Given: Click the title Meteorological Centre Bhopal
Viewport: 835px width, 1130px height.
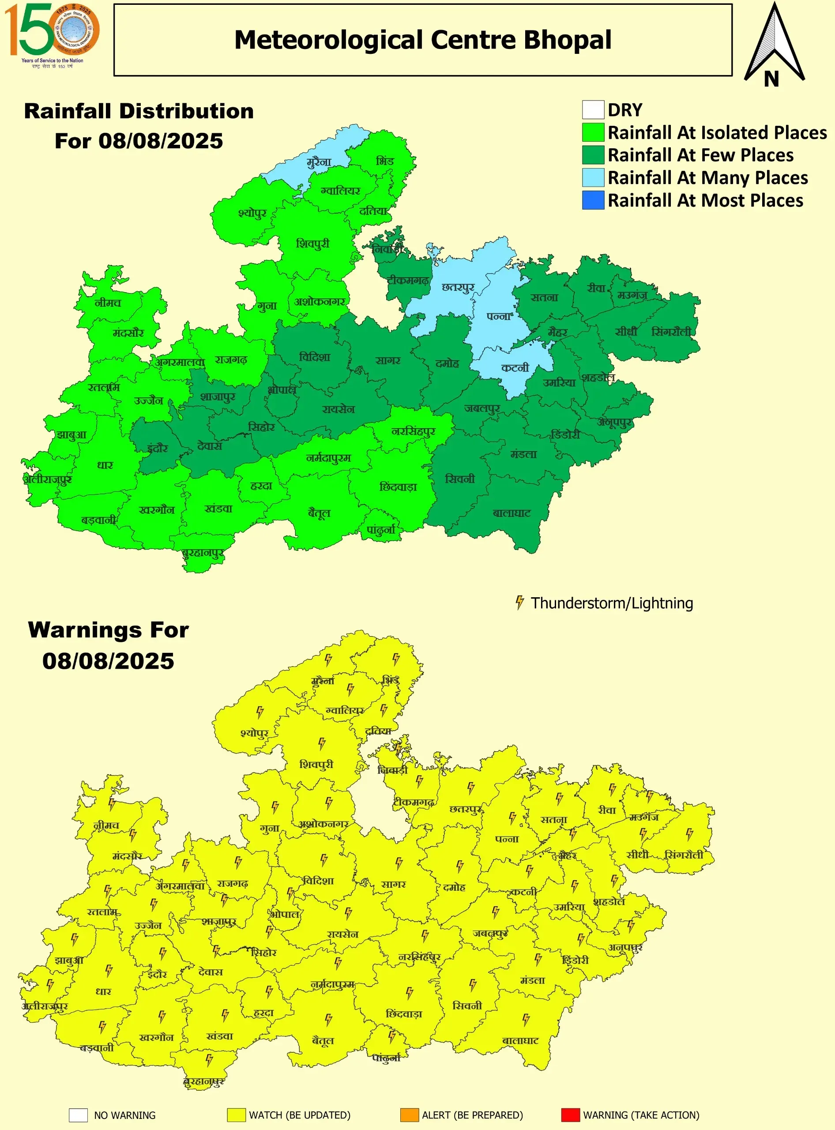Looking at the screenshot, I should [x=422, y=40].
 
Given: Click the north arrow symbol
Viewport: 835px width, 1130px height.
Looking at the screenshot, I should [x=773, y=45].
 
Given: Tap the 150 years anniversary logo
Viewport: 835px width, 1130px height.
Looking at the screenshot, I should [x=52, y=34].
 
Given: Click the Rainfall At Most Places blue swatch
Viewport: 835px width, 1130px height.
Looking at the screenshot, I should [x=593, y=200].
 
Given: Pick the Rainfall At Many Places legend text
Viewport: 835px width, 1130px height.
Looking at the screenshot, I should [x=707, y=178].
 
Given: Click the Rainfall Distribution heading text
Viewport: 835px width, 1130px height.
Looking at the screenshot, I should [x=139, y=111].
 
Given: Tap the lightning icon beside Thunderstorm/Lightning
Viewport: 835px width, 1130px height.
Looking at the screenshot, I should [x=519, y=603].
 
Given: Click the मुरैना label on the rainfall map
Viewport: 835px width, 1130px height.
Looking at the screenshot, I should [x=319, y=162].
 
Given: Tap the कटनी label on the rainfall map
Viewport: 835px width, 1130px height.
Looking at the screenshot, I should [x=515, y=368].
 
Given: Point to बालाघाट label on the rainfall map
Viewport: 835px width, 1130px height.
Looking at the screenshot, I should [x=512, y=513].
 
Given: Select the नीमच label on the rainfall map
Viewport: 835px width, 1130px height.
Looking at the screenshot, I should [x=108, y=303].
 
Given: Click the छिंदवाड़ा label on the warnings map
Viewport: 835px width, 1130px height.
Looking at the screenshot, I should [x=404, y=1014].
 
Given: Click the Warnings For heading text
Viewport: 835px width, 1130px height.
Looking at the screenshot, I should [x=108, y=630].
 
